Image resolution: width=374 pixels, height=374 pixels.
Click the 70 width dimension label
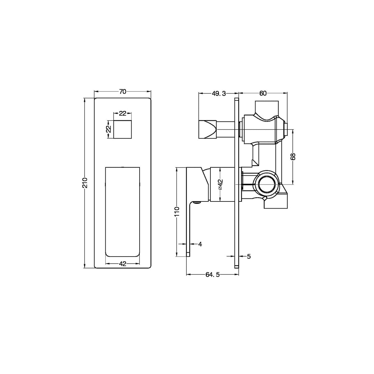tap(123, 91)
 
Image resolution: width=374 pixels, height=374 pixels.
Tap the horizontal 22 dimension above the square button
tap(123, 113)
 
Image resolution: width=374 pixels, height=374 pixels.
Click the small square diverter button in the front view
tap(123, 129)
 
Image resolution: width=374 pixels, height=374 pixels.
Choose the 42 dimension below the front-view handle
tap(123, 263)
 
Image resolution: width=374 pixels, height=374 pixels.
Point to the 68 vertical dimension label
tap(293, 157)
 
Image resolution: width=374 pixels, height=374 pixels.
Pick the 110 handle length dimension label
tap(177, 212)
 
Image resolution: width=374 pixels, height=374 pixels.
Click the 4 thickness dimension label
tap(200, 244)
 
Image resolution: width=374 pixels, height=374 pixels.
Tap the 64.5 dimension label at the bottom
tap(213, 275)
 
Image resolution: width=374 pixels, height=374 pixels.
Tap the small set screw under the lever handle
tap(196, 203)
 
